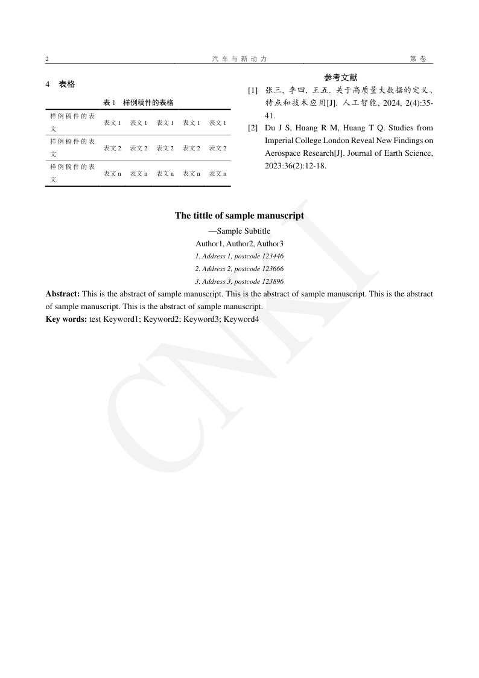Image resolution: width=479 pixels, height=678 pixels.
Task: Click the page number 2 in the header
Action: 47,59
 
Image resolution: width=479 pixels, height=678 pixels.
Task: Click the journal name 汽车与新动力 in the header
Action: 239,59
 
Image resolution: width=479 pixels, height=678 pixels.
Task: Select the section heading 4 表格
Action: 60,85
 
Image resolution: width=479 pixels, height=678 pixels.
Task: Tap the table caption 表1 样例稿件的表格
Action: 138,103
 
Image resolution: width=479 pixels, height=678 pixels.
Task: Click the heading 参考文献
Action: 341,77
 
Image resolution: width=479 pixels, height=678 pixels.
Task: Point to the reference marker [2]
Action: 253,128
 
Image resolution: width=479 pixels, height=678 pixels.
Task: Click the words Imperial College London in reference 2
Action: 308,141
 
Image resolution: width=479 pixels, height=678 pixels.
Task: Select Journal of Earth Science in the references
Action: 393,153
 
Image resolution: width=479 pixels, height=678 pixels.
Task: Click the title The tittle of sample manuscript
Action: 239,216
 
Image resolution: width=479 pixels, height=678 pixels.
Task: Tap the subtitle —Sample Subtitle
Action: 239,231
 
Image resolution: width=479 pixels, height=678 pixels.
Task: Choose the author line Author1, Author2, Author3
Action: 239,243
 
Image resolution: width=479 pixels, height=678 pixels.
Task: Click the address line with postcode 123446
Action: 239,256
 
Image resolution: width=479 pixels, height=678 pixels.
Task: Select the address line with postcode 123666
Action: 239,269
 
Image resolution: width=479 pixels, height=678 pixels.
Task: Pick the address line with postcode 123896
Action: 239,281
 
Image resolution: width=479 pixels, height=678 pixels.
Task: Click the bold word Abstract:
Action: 63,294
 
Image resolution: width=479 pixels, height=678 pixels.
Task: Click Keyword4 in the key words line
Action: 241,319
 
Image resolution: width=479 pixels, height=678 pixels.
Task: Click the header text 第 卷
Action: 417,59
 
